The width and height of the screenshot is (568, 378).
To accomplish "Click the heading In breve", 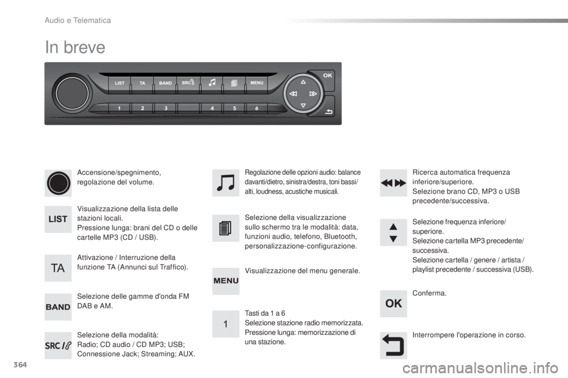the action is tap(75, 47).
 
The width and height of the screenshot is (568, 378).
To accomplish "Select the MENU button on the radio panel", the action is tap(257, 83).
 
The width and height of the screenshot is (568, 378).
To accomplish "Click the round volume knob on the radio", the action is tap(72, 93).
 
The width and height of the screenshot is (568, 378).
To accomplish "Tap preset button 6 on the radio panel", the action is tap(256, 108).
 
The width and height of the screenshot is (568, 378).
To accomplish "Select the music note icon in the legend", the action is tap(225, 183).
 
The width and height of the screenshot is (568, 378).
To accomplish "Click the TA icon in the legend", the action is tap(58, 268).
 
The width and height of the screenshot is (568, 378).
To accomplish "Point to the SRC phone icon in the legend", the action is tap(58, 346).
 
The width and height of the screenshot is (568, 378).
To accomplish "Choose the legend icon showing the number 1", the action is tap(225, 324).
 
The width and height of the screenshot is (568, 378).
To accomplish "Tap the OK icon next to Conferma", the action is tap(393, 304).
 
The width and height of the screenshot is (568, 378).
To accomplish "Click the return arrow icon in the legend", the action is tap(393, 346).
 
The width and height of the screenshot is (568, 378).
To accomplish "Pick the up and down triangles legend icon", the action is tap(393, 233).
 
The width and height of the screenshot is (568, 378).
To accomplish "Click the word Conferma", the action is tap(430, 294).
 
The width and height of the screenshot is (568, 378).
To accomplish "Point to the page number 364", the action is tap(20, 364).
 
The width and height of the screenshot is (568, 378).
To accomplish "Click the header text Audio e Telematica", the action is tap(78, 21).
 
